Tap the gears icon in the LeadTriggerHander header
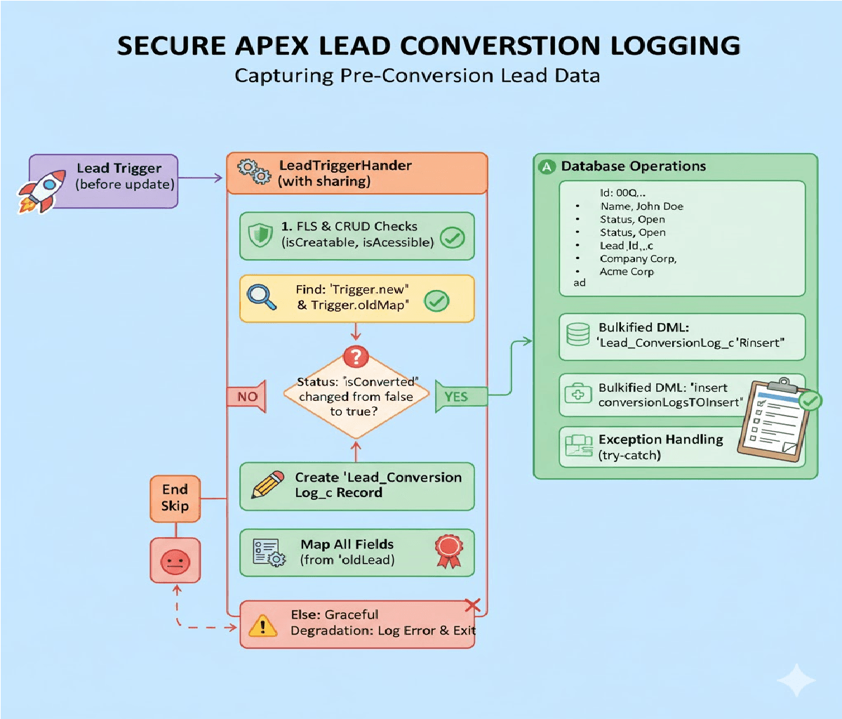tap(254, 172)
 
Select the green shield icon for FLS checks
tap(260, 235)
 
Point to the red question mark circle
tap(356, 356)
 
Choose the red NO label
tap(246, 397)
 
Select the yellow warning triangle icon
tap(263, 624)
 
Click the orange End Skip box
tap(175, 498)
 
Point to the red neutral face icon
tap(175, 561)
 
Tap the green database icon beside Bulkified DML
tap(577, 334)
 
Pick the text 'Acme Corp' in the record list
tap(626, 272)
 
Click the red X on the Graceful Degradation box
tap(473, 605)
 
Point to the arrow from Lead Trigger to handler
tap(201, 178)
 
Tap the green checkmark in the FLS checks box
tap(452, 238)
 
